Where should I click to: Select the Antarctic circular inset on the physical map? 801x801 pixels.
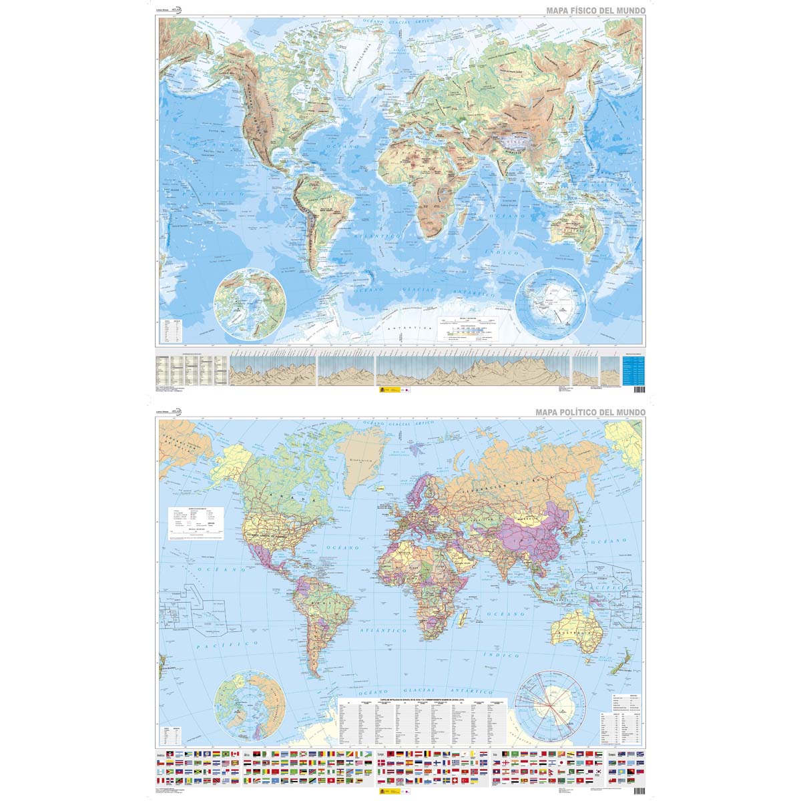pos(553,302)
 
